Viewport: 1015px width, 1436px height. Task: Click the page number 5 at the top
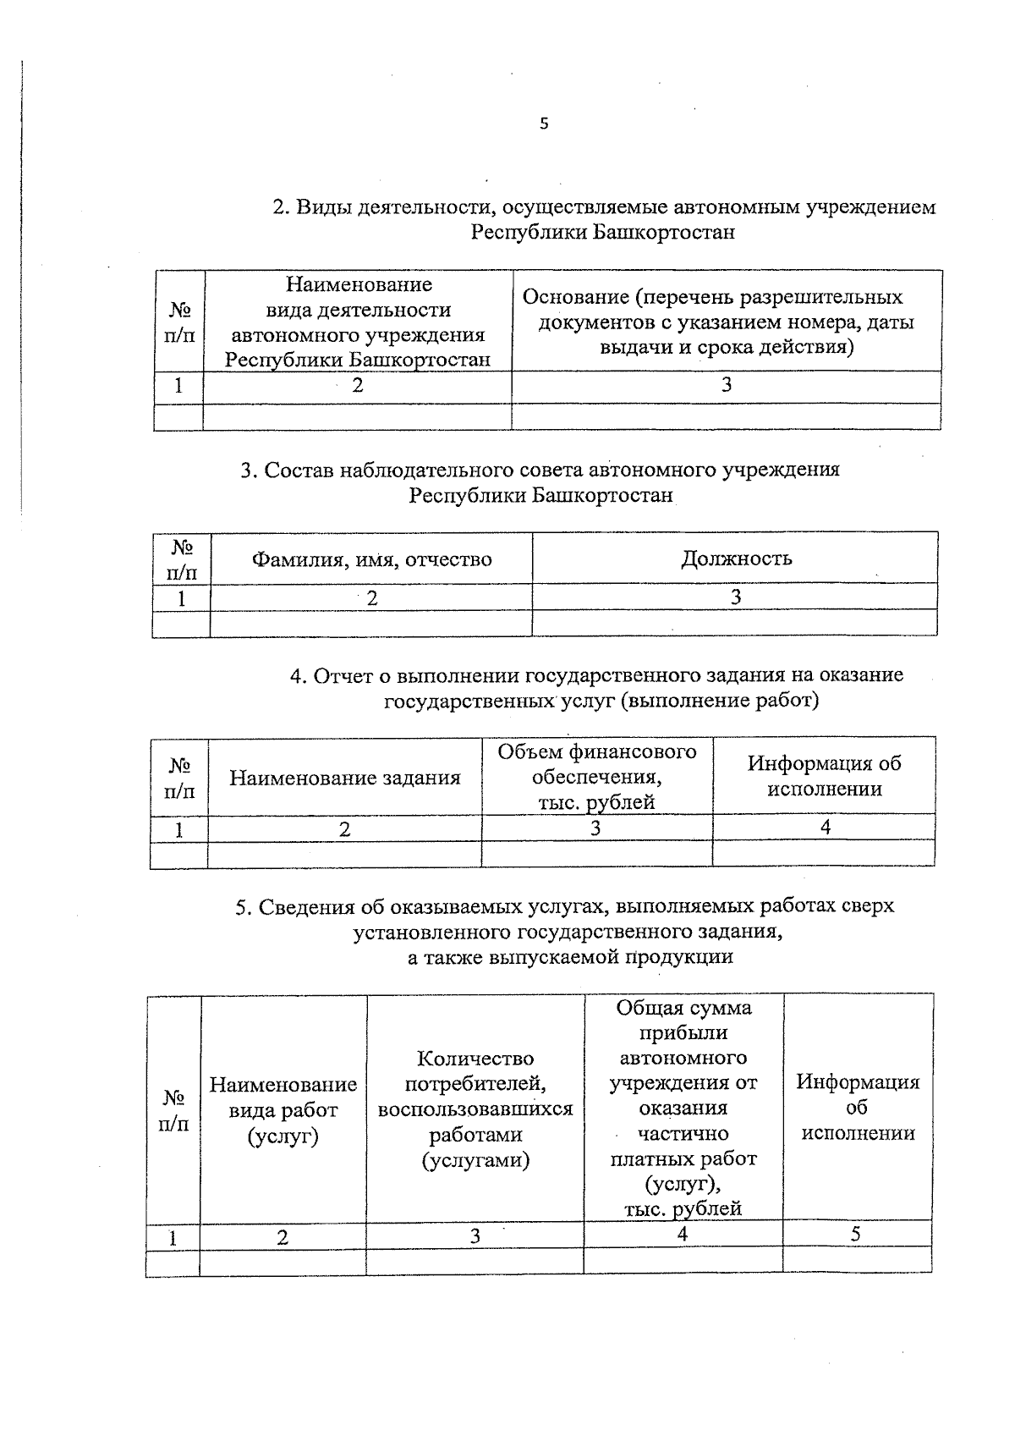click(x=544, y=124)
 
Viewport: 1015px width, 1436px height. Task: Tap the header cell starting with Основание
click(x=726, y=322)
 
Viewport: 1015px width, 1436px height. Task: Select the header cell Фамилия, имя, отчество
click(x=371, y=559)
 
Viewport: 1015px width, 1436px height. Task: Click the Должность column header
click(x=736, y=558)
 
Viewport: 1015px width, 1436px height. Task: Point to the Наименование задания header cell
click(x=345, y=778)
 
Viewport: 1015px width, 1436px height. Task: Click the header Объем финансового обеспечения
click(x=597, y=777)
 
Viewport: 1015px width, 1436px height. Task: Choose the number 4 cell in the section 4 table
click(x=825, y=828)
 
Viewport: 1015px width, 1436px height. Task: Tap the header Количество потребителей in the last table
click(x=475, y=1109)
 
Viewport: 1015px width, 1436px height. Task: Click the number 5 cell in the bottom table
click(x=856, y=1235)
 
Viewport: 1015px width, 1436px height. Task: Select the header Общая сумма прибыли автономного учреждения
click(x=683, y=1109)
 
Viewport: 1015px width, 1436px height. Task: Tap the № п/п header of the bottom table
click(x=174, y=1111)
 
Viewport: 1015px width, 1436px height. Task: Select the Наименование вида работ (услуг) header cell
click(x=283, y=1109)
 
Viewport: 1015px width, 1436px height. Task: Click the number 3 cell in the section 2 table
click(x=726, y=386)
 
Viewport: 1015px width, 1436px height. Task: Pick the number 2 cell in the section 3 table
click(x=371, y=598)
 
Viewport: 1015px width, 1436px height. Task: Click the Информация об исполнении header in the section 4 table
click(x=824, y=777)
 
